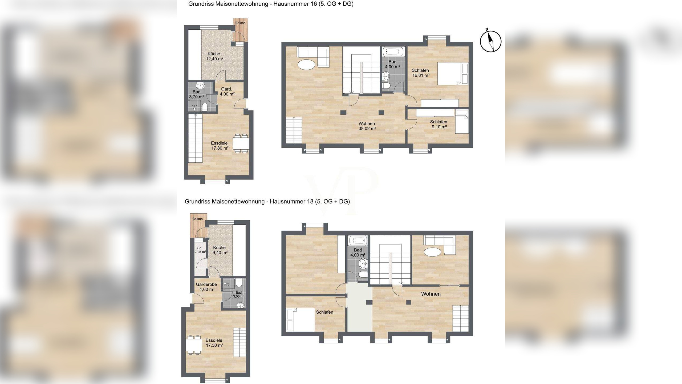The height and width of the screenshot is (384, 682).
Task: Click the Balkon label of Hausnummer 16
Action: tap(240, 23)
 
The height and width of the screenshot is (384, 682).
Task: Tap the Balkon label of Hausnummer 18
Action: tap(198, 219)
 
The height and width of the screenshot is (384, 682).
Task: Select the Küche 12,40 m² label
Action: tap(214, 56)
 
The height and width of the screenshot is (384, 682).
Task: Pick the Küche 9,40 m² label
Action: tap(220, 250)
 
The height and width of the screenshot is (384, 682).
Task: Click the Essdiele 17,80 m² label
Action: tap(220, 146)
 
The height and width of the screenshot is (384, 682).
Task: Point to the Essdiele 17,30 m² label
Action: tap(214, 343)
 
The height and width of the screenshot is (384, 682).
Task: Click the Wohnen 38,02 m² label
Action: tap(367, 126)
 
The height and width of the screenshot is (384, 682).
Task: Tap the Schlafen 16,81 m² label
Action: tap(420, 73)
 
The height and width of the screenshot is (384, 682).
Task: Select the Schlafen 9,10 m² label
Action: tap(439, 124)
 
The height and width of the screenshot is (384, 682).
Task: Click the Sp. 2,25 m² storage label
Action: tap(200, 250)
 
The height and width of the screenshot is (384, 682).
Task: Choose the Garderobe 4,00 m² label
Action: tap(206, 287)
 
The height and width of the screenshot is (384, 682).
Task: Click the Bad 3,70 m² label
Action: tap(197, 94)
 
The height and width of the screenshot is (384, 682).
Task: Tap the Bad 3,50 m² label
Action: tap(239, 294)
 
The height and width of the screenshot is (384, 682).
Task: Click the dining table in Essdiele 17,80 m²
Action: tap(241, 143)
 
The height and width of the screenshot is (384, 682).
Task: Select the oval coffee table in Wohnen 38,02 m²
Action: tap(306, 65)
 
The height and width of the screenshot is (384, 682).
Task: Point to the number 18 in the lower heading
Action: tap(310, 201)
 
